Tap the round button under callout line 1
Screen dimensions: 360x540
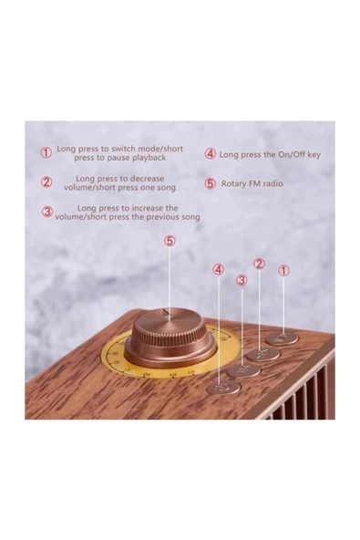tap(283, 339)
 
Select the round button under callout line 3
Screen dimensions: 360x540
tap(243, 371)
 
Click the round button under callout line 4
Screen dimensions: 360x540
tap(223, 387)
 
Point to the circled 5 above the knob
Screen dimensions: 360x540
tap(170, 241)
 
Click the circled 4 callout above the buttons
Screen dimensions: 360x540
tap(219, 270)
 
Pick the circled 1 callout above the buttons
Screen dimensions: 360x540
tap(283, 271)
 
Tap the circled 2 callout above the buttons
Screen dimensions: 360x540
tap(259, 264)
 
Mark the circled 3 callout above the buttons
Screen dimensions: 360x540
tap(242, 280)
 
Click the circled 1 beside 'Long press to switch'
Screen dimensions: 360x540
tap(46, 153)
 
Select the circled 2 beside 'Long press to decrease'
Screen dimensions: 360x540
tap(46, 182)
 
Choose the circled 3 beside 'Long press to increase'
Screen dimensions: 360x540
tap(47, 212)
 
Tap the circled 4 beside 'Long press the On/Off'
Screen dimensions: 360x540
tap(211, 153)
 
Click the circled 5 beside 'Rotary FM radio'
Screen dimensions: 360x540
tap(211, 183)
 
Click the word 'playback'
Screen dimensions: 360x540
tap(150, 158)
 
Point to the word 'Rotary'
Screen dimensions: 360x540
tap(233, 183)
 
